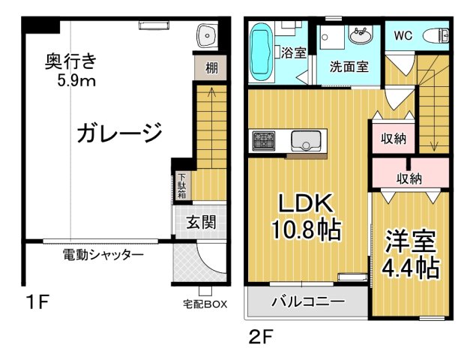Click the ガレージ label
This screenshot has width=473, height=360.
coord(119,133)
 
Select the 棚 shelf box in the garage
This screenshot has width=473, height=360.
coord(211,69)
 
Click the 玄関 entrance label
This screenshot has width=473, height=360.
coord(201,223)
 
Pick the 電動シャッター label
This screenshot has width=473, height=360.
coord(103,255)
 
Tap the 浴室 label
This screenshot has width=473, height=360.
coord(294,52)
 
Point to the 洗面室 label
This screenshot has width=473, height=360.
coord(349,66)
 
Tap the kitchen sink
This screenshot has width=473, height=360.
coord(306,139)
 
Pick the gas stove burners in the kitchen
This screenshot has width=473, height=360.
coord(264,139)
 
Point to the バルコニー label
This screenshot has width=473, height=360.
coord(307,301)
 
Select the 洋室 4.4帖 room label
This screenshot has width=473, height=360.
coord(412,256)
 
